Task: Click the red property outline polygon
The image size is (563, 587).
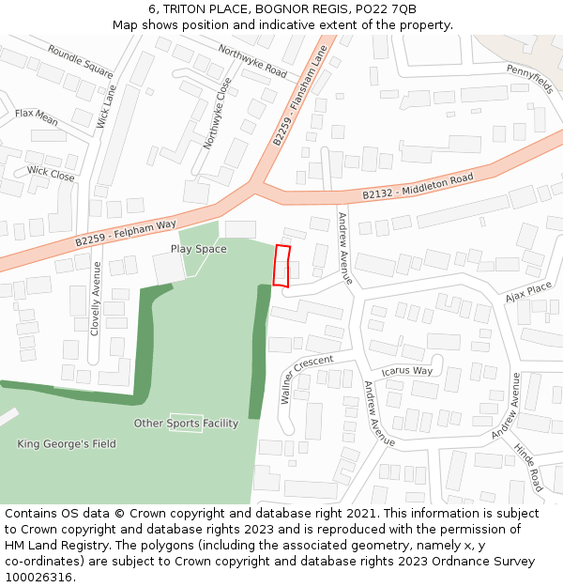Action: (x=281, y=265)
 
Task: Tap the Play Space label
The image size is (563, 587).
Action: (x=198, y=249)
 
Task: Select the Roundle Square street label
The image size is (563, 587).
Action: (x=80, y=61)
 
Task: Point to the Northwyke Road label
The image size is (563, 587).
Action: (x=251, y=60)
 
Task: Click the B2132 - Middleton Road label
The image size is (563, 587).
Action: (x=418, y=186)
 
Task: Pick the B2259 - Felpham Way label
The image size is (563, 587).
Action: (x=126, y=233)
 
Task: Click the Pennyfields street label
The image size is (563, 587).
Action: (x=530, y=79)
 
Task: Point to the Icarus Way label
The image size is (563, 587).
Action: (x=406, y=371)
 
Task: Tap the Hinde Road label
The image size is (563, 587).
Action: (x=529, y=468)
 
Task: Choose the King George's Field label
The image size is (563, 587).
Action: (x=67, y=443)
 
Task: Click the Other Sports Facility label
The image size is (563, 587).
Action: (x=186, y=424)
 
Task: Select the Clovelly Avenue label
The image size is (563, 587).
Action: (x=95, y=298)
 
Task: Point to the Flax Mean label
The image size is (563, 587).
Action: (x=37, y=117)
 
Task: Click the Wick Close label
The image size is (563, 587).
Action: (x=51, y=174)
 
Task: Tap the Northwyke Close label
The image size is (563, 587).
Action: (x=218, y=113)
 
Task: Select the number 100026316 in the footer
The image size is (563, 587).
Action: (x=40, y=577)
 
